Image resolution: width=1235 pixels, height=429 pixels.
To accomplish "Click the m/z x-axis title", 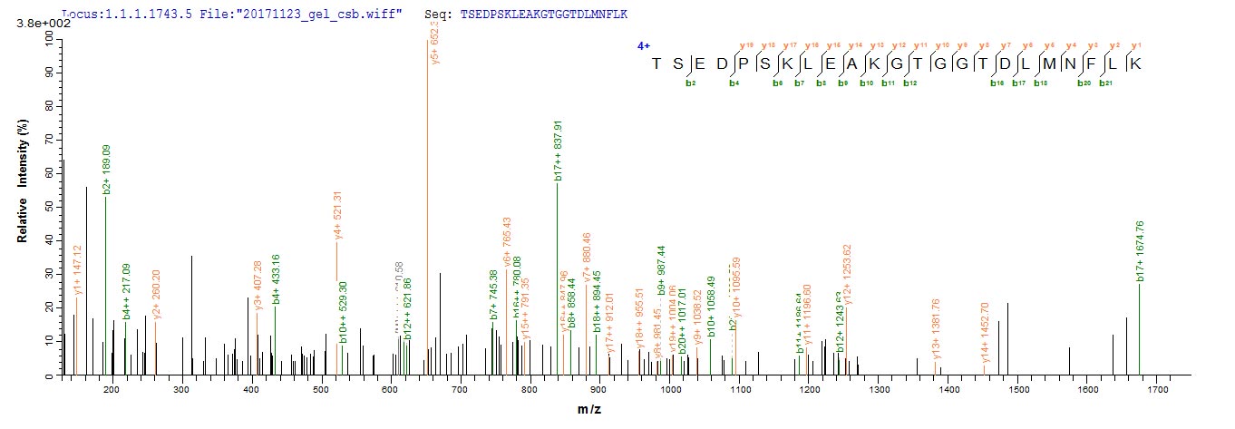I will (589, 410).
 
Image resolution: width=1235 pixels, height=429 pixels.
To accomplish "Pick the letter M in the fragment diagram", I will (1041, 64).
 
